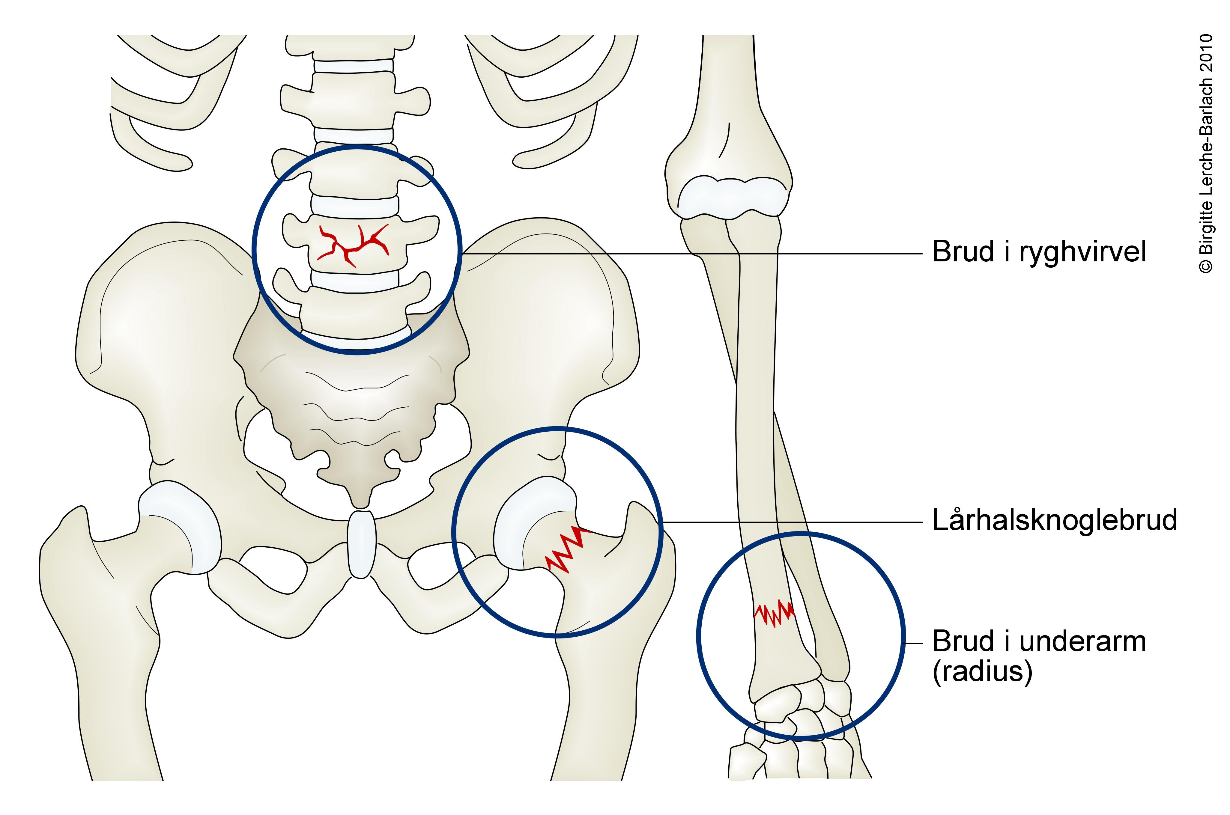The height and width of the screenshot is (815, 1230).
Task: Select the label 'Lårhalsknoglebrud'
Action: pyautogui.click(x=1054, y=520)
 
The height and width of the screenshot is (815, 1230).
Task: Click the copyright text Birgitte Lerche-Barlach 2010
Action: pyautogui.click(x=1206, y=153)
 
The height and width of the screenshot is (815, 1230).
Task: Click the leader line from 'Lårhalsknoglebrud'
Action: pyautogui.click(x=790, y=522)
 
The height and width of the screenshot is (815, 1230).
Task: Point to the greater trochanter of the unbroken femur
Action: pyautogui.click(x=67, y=535)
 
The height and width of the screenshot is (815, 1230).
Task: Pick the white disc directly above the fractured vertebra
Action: pyautogui.click(x=354, y=206)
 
